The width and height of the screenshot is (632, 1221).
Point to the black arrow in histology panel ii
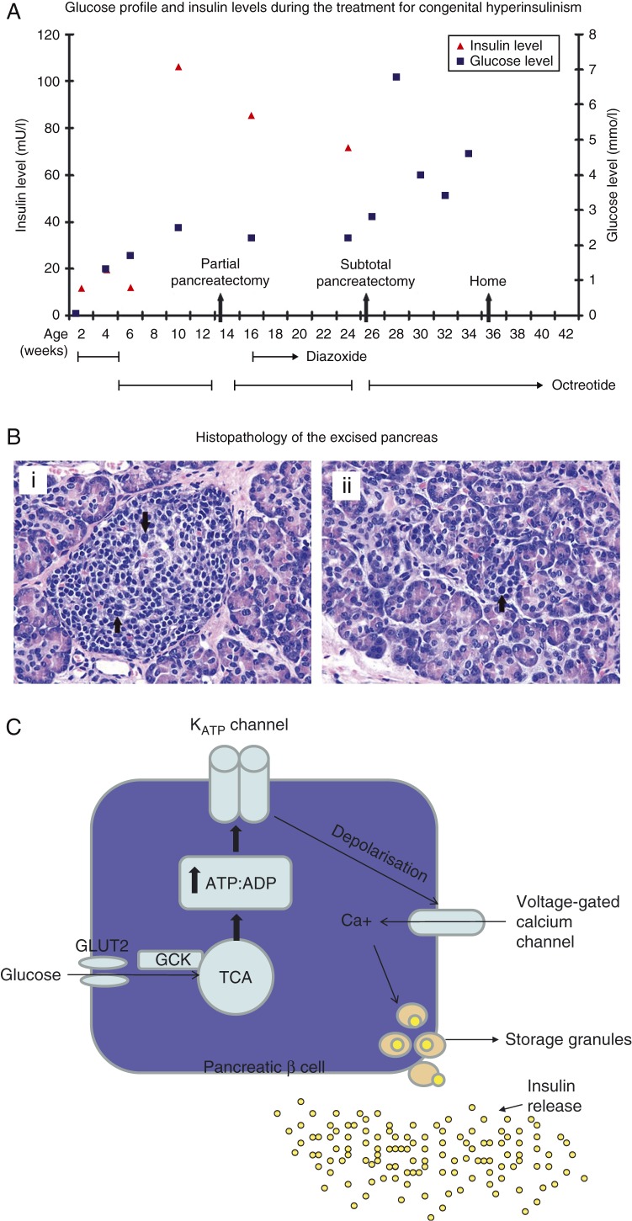(502, 603)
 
